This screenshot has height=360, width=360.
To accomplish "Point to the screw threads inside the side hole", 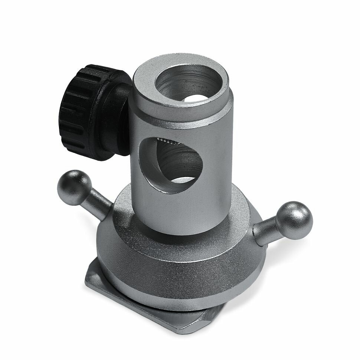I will pyautogui.click(x=169, y=141).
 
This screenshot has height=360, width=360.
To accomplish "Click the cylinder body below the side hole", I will pyautogui.click(x=178, y=212).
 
